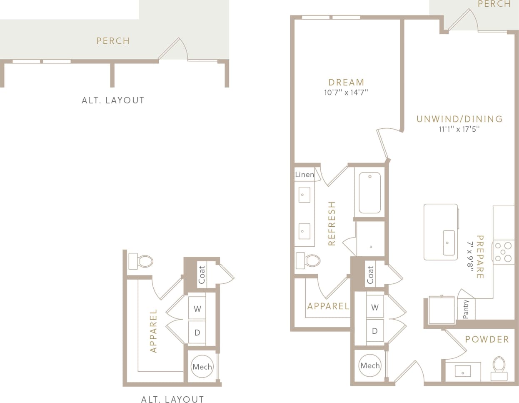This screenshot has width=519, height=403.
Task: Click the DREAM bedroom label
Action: [346, 82]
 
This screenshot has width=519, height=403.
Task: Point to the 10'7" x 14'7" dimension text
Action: [346, 93]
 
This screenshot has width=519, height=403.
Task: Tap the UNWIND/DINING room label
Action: [459, 119]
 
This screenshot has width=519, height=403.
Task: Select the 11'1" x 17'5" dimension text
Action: [459, 129]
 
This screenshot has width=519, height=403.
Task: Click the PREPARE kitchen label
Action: [480, 257]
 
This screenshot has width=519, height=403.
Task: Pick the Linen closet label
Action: [304, 175]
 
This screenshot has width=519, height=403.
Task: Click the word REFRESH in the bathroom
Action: [332, 223]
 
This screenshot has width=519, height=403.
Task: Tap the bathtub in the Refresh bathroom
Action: [369, 193]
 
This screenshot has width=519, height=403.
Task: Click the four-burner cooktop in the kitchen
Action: [503, 252]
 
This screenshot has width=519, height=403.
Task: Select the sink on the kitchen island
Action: [449, 243]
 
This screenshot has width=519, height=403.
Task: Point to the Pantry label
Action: [466, 309]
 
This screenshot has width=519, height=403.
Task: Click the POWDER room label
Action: [487, 339]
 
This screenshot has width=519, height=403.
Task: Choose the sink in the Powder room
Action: [463, 371]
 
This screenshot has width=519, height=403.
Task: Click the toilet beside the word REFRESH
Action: [308, 260]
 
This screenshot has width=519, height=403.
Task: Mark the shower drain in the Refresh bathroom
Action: [371, 247]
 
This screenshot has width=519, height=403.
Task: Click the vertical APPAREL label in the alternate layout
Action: [153, 331]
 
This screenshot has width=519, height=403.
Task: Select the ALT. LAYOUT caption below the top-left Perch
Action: [113, 100]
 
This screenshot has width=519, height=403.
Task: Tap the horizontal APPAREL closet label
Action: [328, 306]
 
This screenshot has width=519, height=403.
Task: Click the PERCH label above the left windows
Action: [113, 41]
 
